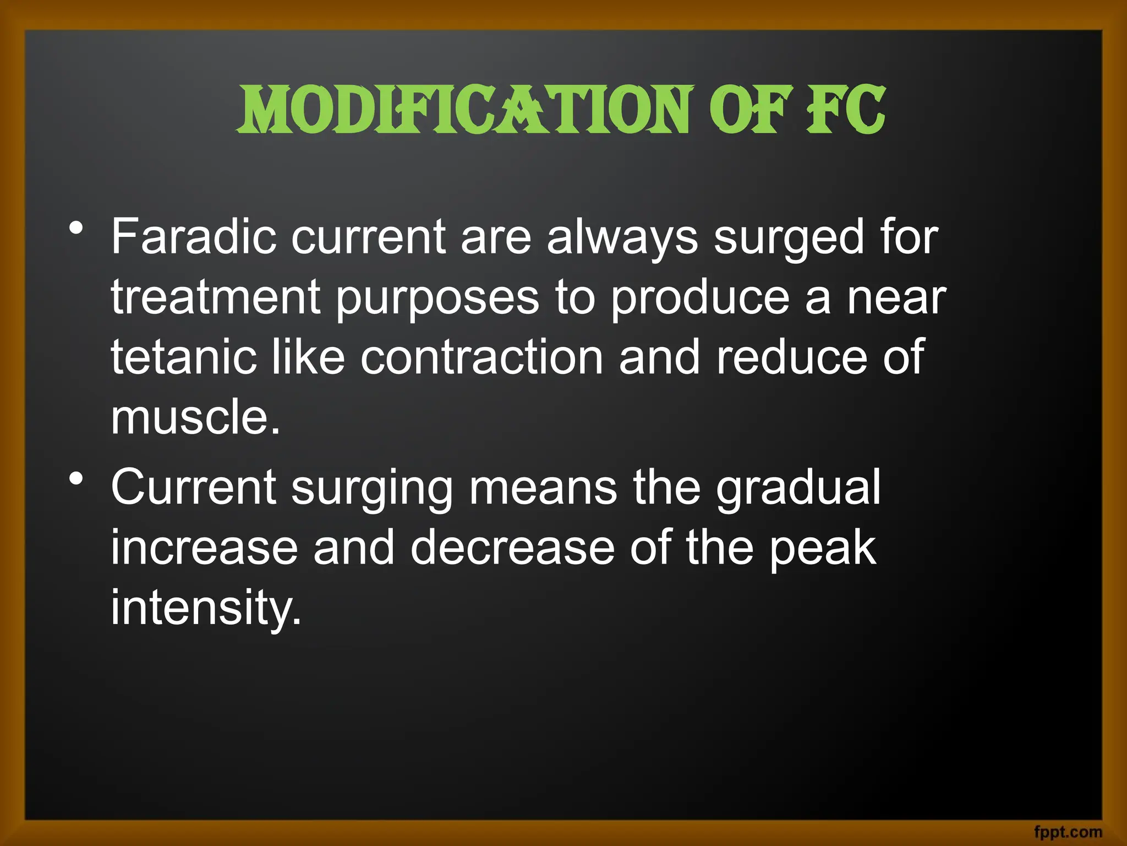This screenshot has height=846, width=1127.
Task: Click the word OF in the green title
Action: coord(751,110)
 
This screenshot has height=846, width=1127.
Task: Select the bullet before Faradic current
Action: coord(76,227)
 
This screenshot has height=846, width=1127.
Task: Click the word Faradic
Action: coord(193,237)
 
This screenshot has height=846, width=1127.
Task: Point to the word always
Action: coord(622,238)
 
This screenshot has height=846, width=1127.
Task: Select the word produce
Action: coord(700,298)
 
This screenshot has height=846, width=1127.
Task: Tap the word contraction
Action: coord(482,357)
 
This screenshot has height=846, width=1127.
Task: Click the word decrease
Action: coord(512,548)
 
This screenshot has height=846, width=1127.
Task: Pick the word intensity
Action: coord(206,608)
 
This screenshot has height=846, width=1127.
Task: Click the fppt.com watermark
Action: coord(1068,832)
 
